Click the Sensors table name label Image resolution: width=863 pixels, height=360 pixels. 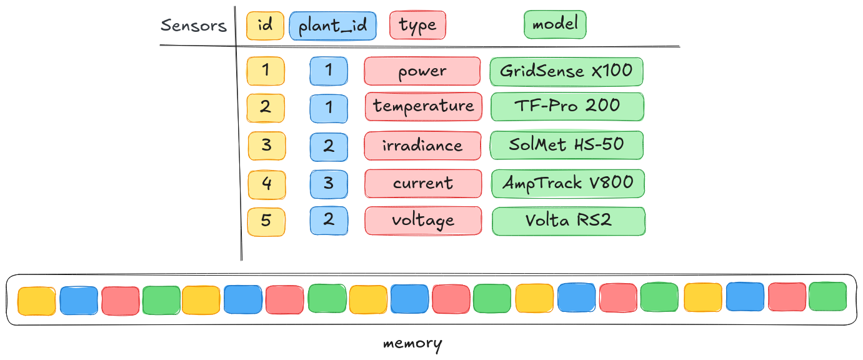(x=193, y=26)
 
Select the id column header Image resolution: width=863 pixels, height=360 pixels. (x=265, y=26)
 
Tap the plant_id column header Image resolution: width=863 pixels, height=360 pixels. (x=332, y=27)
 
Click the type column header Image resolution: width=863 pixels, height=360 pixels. (x=417, y=26)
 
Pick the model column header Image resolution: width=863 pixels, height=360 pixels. (x=555, y=25)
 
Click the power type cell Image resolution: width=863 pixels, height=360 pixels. (x=422, y=71)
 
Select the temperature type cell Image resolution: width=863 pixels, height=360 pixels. (x=424, y=106)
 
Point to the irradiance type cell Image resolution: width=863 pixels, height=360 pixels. (x=422, y=146)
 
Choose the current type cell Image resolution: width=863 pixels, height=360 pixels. (x=423, y=184)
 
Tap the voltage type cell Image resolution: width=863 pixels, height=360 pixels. (x=423, y=221)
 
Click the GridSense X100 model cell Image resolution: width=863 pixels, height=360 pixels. (x=566, y=71)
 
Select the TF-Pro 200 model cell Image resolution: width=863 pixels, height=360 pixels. (x=567, y=106)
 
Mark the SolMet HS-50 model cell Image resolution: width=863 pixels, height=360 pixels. (x=566, y=145)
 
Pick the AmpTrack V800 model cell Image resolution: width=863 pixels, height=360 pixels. (x=567, y=183)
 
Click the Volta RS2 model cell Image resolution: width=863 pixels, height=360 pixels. (x=568, y=221)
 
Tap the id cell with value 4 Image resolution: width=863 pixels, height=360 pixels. (x=266, y=184)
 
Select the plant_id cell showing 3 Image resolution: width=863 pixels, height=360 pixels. (x=329, y=184)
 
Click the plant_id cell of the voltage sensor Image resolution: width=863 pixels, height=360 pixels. (x=329, y=221)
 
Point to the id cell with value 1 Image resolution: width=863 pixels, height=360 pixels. (x=266, y=71)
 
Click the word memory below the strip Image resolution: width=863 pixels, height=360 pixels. (x=412, y=344)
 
